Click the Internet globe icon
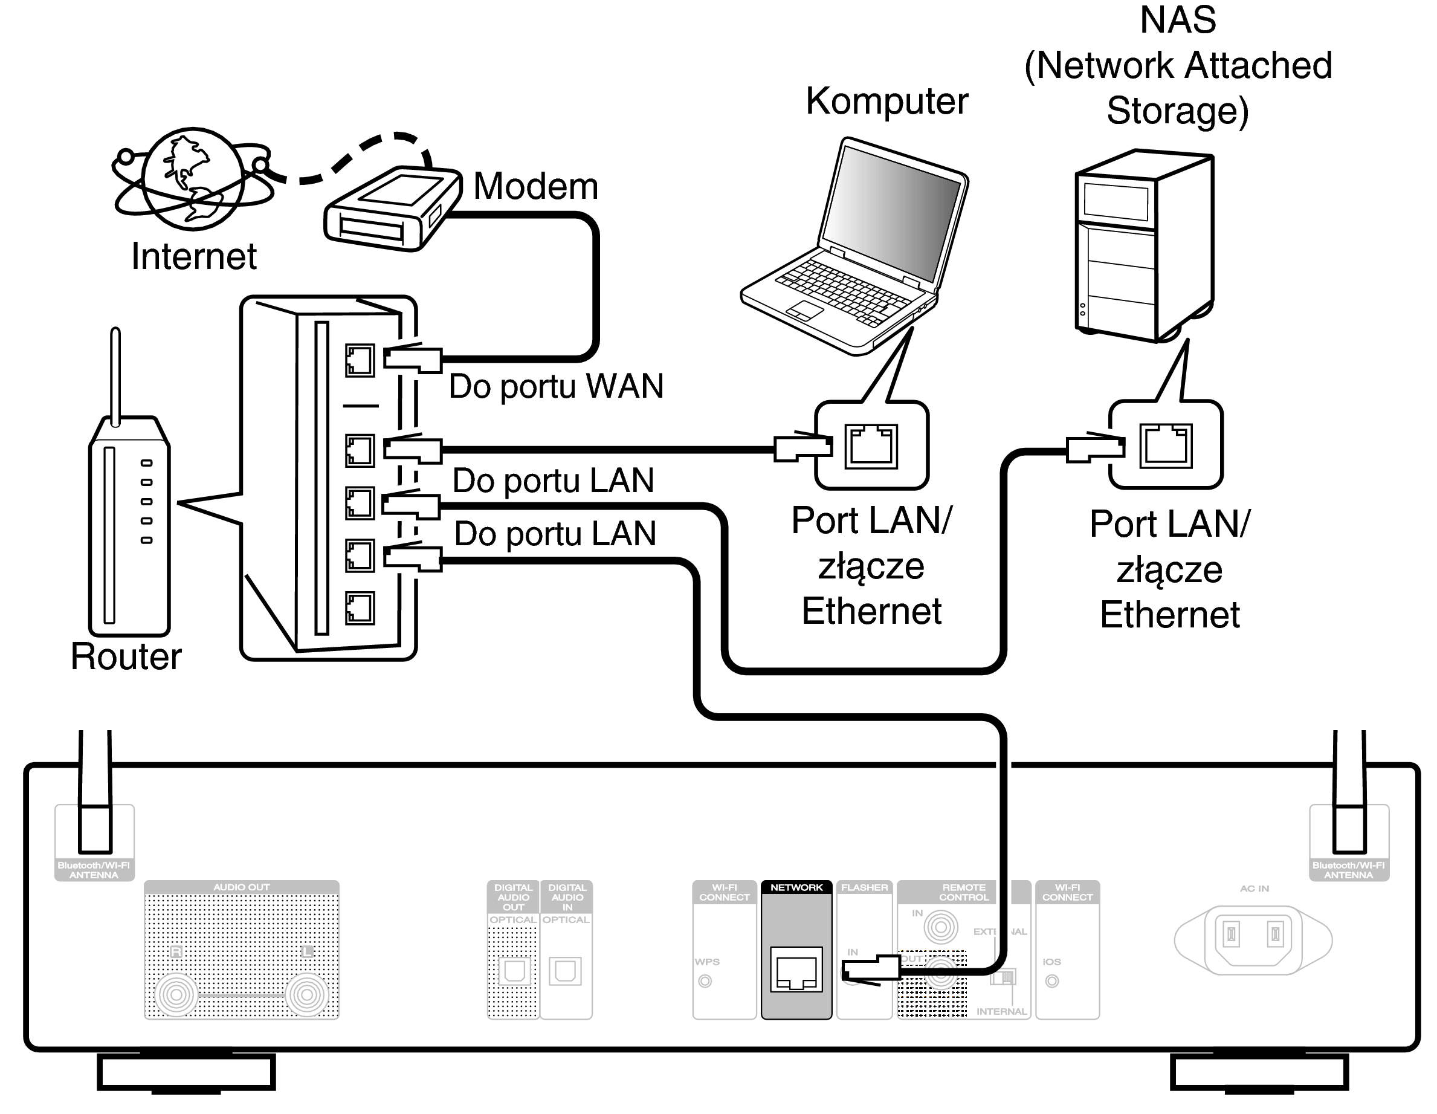click(x=193, y=178)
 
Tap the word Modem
click(x=535, y=186)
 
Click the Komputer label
click(x=886, y=102)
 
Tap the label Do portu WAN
click(x=556, y=386)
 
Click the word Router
click(x=126, y=656)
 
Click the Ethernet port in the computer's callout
click(x=871, y=445)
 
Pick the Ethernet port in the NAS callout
click(x=1165, y=445)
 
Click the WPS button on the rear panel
click(x=705, y=981)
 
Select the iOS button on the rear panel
click(x=1051, y=981)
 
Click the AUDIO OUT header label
click(x=242, y=887)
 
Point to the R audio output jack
click(x=176, y=994)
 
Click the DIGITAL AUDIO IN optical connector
click(x=565, y=971)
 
